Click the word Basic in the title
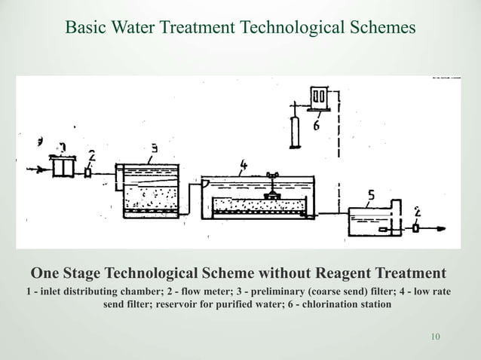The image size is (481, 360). (x=86, y=28)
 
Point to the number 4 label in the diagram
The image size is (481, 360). (x=244, y=163)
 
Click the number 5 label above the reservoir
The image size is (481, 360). (x=370, y=197)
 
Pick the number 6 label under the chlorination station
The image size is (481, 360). (x=316, y=126)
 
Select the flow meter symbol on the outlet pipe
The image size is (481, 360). (x=415, y=227)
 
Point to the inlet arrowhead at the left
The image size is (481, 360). (x=34, y=170)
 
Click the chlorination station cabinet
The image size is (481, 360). (x=318, y=99)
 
